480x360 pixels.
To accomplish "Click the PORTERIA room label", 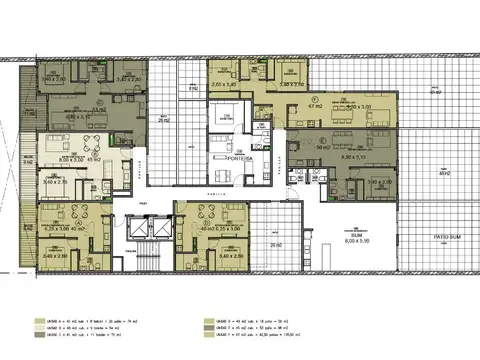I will click(x=238, y=157).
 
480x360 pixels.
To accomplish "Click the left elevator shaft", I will click(x=129, y=229).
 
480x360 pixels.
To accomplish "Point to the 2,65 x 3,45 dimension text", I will click(x=224, y=85).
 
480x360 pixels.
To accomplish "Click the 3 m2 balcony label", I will click(x=30, y=160).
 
